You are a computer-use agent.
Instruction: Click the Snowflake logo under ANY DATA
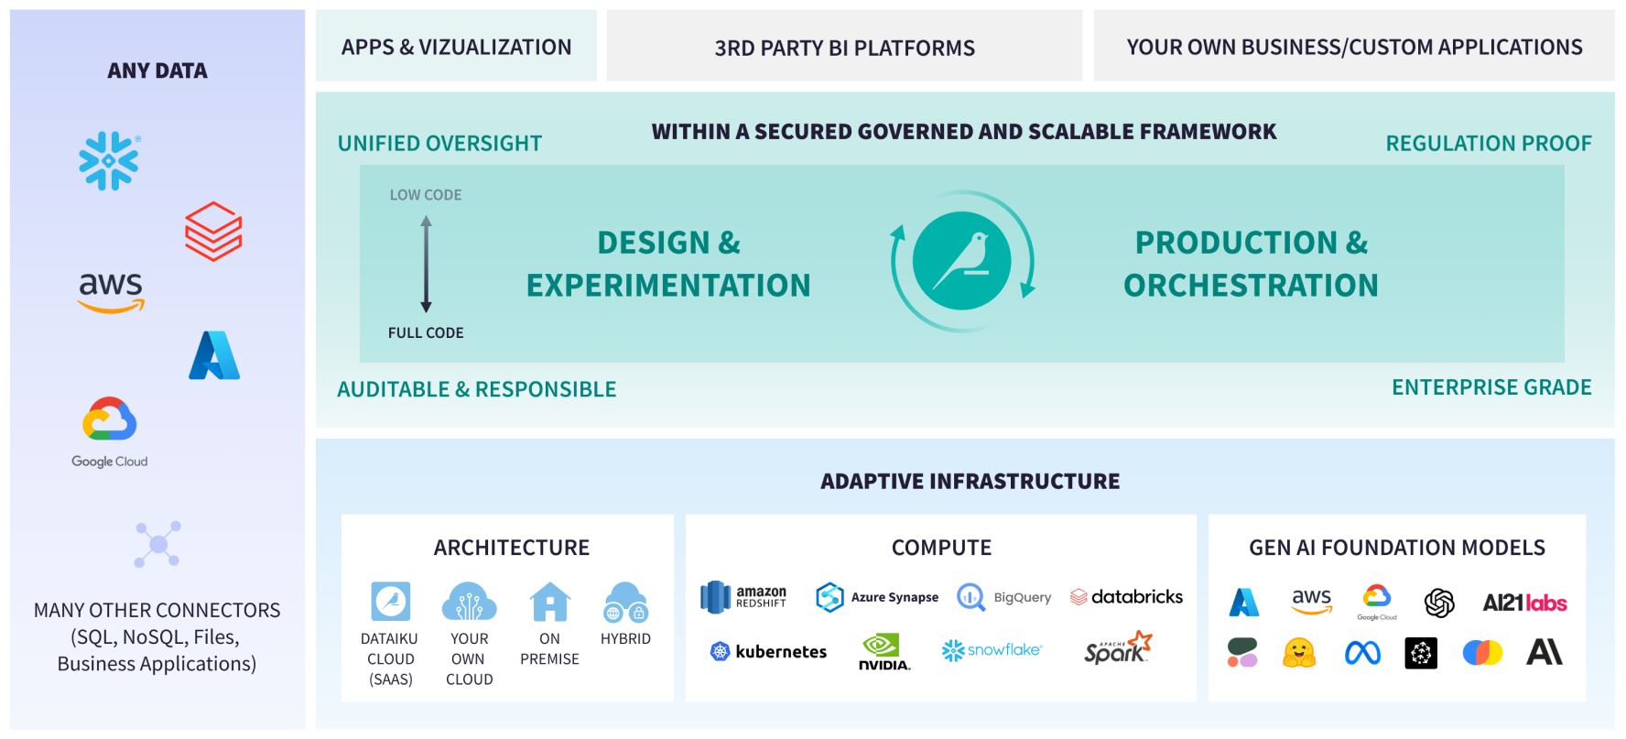tap(109, 161)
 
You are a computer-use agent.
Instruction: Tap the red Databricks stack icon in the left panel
tap(213, 232)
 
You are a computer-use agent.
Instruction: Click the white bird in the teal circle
tap(962, 261)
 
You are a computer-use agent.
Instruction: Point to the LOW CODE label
tap(426, 195)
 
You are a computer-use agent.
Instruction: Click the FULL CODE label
tap(426, 333)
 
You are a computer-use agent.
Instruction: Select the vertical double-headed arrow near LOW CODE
tap(426, 264)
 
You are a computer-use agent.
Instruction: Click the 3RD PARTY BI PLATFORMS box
tap(844, 47)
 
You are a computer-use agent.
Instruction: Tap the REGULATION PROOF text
tap(1488, 144)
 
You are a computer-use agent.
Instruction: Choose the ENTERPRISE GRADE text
tap(1491, 387)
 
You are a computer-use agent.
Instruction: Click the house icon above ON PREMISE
tap(549, 602)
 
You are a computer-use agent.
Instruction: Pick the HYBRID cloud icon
tap(626, 603)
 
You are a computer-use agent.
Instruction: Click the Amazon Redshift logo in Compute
tap(743, 597)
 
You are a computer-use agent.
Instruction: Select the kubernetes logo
tap(769, 651)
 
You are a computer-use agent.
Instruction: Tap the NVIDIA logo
tap(883, 652)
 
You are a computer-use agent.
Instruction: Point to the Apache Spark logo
tap(1117, 648)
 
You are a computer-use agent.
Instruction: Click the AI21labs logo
tap(1524, 603)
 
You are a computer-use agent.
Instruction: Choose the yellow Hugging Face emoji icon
tap(1299, 652)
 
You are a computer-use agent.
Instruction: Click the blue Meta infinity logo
tap(1362, 652)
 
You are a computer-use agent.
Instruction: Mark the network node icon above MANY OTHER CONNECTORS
tap(157, 544)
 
